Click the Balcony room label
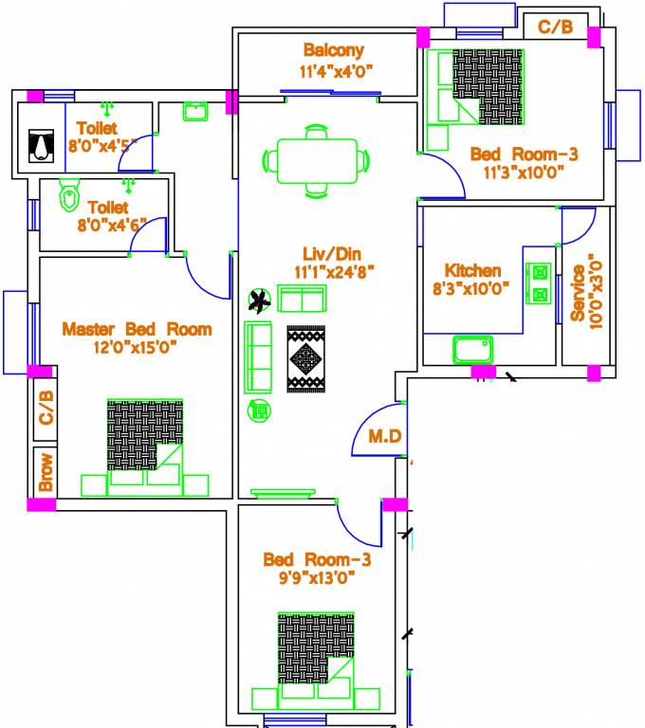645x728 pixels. tap(333, 50)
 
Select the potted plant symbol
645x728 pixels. tap(257, 301)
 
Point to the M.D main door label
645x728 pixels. tap(384, 439)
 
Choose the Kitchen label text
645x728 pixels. tap(472, 271)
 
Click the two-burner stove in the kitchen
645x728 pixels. tap(541, 282)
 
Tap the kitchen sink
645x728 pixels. tap(473, 350)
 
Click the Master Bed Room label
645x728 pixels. tap(137, 329)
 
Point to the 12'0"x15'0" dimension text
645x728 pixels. tap(134, 347)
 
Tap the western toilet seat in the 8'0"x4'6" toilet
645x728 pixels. tap(68, 196)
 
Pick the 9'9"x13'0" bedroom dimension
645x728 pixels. tap(317, 577)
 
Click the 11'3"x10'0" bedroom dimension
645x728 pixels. tap(524, 173)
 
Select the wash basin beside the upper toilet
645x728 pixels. tap(196, 111)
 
